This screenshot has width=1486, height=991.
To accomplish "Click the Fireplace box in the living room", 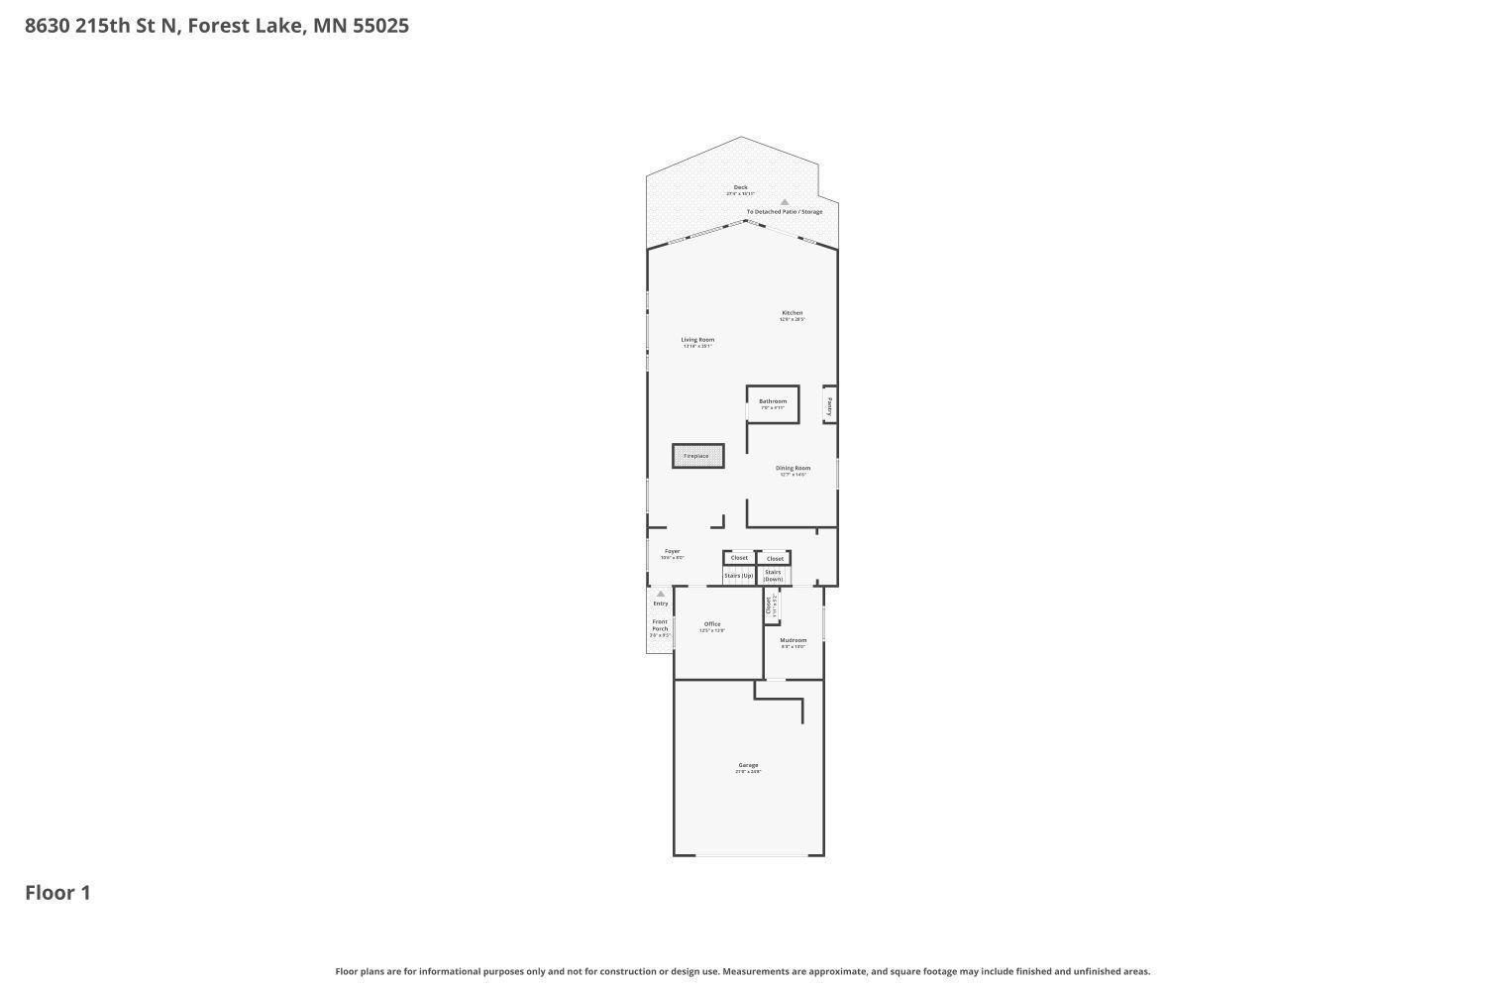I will pos(697,456).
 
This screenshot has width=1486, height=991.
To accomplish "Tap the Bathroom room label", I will pos(773,402).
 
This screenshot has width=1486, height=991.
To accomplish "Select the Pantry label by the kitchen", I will pos(829,405).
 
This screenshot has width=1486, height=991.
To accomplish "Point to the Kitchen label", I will pos(792,314).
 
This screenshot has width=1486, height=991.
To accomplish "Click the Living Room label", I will pos(697,341).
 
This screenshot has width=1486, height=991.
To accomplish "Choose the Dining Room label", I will pos(793,469).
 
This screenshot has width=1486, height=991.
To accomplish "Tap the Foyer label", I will pos(673,552).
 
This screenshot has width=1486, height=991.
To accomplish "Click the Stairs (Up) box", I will pos(739,576).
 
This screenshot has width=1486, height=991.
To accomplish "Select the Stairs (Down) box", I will pos(773,575).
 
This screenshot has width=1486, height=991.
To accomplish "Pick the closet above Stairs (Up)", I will pos(739,558).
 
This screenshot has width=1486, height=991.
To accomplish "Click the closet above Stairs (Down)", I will pos(775,559).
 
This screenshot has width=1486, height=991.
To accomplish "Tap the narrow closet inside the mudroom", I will pos(771,606).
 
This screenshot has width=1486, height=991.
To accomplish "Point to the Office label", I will pos(712,625).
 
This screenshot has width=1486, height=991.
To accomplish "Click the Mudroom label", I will pos(793,641).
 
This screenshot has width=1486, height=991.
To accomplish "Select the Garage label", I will pos(748,766).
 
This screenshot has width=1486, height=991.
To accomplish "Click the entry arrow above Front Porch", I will pos(661,595).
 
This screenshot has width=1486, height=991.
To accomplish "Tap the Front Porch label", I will pos(660,626).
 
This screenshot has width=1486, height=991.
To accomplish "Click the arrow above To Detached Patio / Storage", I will pos(784,202).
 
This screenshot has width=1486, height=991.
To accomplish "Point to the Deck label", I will pos(740,188).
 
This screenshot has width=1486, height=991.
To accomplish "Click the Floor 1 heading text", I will pos(57,893).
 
